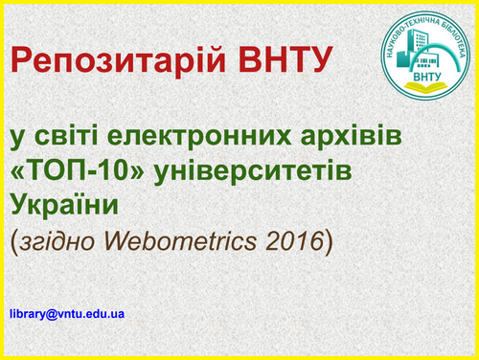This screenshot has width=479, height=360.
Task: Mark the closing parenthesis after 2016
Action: point(329,239)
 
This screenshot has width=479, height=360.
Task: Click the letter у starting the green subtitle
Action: point(16,139)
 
